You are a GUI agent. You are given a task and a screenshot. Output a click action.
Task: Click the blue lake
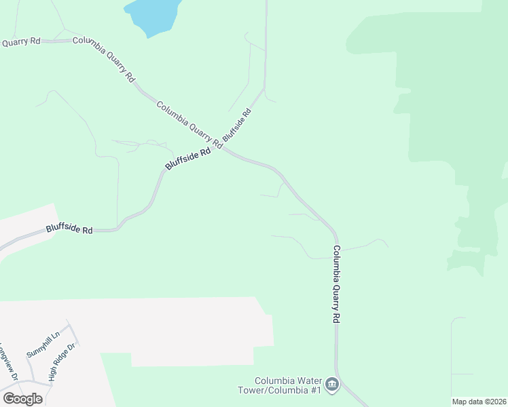click(x=153, y=15)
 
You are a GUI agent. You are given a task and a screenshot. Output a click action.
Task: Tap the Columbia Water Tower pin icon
click(x=332, y=385)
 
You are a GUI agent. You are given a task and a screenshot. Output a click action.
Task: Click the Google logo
click(x=22, y=398)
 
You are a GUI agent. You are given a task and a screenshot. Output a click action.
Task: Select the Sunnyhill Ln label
click(x=43, y=344)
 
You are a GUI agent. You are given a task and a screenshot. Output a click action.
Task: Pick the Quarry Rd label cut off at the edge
click(x=21, y=42)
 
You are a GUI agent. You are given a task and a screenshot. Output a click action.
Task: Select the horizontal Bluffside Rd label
click(x=69, y=230)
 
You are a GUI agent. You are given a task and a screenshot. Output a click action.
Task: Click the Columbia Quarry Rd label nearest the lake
click(x=104, y=59)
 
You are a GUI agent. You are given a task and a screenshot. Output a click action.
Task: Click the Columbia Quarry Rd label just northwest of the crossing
click(x=189, y=124)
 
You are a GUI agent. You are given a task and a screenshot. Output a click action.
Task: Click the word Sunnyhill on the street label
click(x=39, y=347)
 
